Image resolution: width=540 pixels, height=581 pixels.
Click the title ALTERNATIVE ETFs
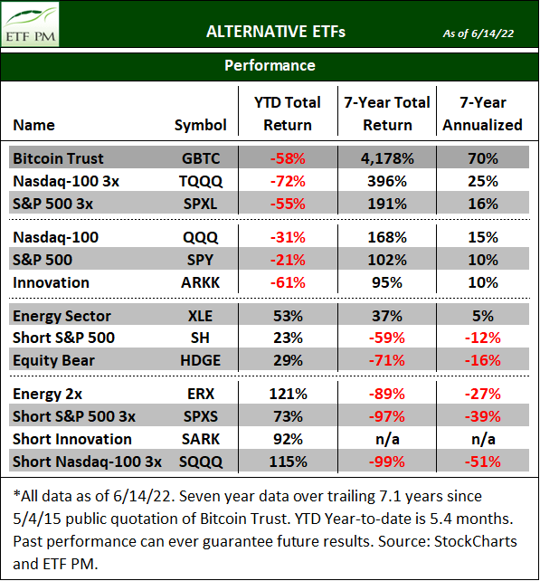[276, 33]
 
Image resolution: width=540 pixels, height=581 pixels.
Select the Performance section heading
[270, 65]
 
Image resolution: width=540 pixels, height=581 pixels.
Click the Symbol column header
[200, 125]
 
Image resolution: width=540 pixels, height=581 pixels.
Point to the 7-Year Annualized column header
[483, 114]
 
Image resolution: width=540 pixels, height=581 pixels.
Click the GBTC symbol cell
[200, 158]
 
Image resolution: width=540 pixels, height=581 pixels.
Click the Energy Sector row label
[62, 316]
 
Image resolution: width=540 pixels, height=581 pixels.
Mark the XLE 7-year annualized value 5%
[483, 316]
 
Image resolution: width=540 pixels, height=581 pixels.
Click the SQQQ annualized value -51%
[483, 462]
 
